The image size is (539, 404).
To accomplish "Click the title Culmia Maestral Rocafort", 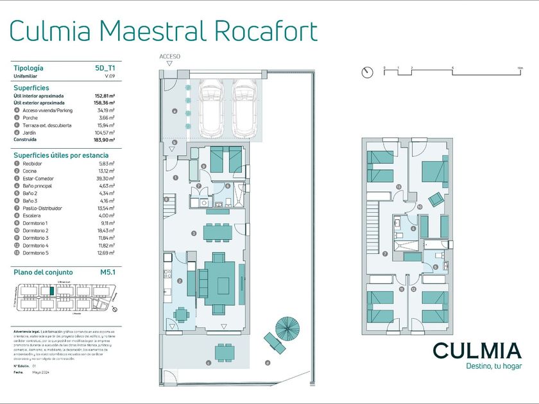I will click(164, 30).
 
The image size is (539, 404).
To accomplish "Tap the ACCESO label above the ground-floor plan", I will click(169, 56).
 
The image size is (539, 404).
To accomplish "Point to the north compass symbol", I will click(366, 72).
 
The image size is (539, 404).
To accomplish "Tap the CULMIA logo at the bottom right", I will click(476, 351).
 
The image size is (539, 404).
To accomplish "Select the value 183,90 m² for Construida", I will click(104, 140).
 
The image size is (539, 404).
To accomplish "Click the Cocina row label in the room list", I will click(31, 171).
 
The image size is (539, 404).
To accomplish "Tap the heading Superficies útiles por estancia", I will click(61, 155).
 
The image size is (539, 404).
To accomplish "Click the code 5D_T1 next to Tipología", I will click(105, 67).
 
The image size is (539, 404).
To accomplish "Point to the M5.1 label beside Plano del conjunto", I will click(107, 272).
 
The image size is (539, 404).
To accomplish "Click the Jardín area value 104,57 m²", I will click(104, 133).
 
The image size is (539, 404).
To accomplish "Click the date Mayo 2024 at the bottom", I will click(41, 372).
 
